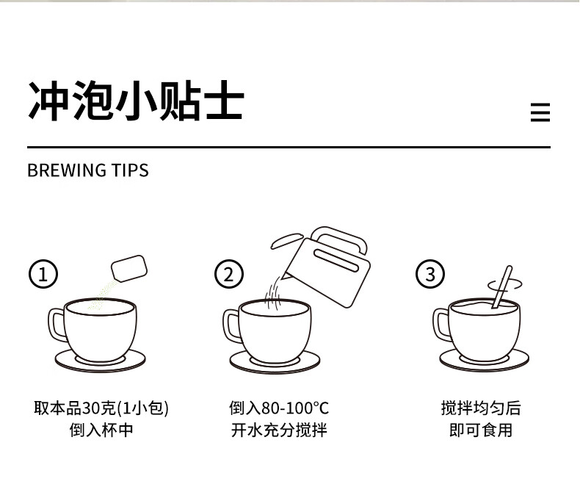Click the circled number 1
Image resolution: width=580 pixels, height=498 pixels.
coord(43,274)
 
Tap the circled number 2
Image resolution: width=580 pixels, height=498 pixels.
coord(229,274)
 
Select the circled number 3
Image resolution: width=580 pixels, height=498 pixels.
coord(430,274)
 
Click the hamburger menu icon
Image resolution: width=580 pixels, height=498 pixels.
coord(540,112)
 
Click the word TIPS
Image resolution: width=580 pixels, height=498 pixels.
coord(130,170)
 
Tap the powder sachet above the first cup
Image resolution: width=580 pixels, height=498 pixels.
coord(129,269)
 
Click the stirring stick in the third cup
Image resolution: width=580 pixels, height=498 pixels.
coord(502,287)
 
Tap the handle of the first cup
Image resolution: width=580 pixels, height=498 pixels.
coord(56,325)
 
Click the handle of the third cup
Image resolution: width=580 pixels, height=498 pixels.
coord(441,324)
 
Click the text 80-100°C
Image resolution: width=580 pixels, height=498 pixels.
coord(295,408)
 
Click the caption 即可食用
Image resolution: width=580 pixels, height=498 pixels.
coord(481,430)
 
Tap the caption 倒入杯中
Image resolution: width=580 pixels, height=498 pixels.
coord(101,430)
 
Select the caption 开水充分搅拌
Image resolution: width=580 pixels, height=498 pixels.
coord(279,430)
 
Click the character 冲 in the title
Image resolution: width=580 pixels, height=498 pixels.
coord(49,101)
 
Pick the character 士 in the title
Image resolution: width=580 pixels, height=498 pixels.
coord(225,101)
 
